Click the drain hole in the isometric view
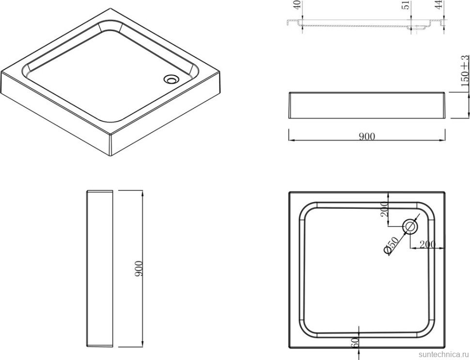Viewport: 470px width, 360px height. click(171, 78)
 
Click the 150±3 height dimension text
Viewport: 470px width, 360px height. click(465, 72)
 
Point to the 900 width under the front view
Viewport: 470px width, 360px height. click(367, 137)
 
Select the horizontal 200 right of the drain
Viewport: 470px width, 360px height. click(427, 244)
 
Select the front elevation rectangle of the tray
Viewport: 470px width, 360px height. click(367, 105)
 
